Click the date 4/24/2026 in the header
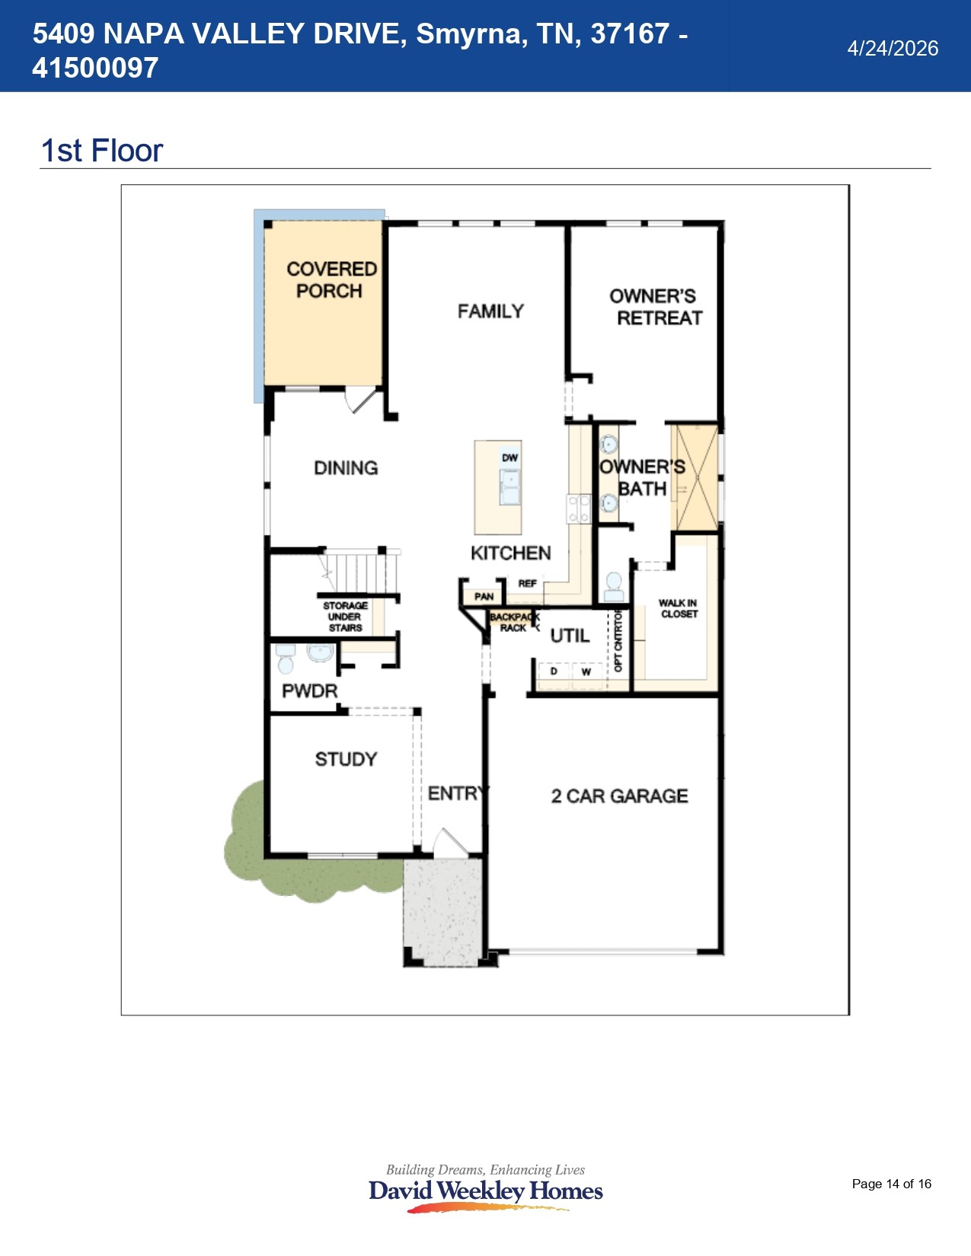[x=893, y=48]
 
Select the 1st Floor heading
[x=101, y=151]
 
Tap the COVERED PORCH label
[x=331, y=280]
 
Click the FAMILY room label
[x=490, y=311]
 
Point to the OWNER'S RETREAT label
[x=655, y=307]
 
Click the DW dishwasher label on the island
[x=509, y=457]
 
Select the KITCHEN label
[x=510, y=553]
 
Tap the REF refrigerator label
[x=527, y=583]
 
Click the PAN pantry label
[x=484, y=597]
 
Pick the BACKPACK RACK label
[x=514, y=622]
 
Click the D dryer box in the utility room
[x=554, y=672]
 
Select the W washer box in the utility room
[x=586, y=672]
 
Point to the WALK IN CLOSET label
[x=678, y=608]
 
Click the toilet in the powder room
[x=286, y=660]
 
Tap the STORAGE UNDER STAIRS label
[x=345, y=617]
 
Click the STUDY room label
[x=346, y=759]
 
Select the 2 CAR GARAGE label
[x=619, y=796]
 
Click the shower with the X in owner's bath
[x=694, y=477]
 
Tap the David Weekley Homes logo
[x=485, y=1190]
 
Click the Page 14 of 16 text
[x=891, y=1184]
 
